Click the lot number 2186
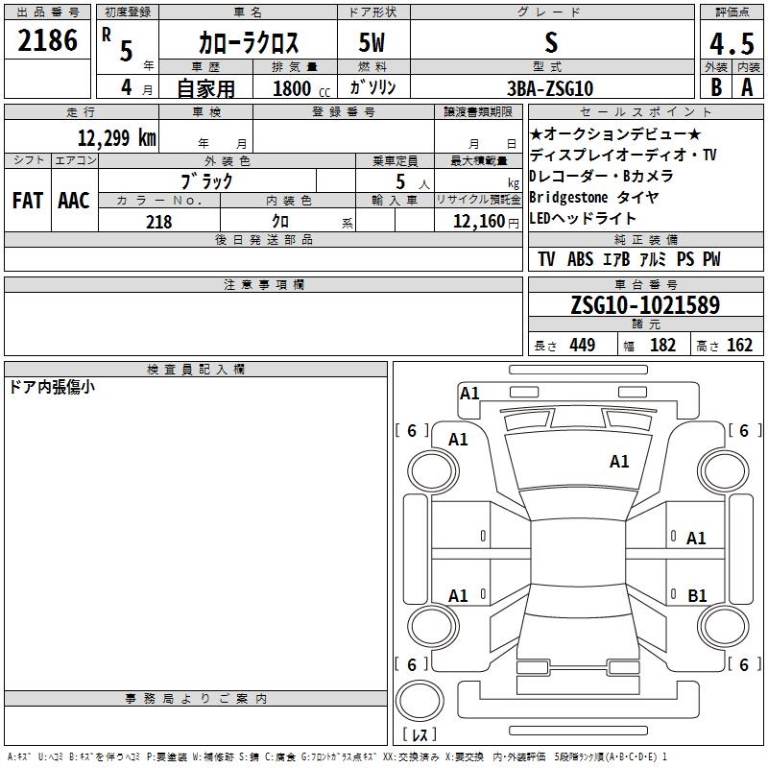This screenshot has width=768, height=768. point(47,40)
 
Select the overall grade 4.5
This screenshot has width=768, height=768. point(732,44)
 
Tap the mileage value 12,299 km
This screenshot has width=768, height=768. point(117,137)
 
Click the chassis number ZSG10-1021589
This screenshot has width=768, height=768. point(645,304)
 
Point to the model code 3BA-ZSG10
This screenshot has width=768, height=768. point(550,88)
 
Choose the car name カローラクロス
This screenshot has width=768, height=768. point(249,42)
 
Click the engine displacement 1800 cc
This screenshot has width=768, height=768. point(301,88)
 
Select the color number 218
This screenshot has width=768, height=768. point(159,222)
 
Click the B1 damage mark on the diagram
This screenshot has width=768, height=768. point(697,595)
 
